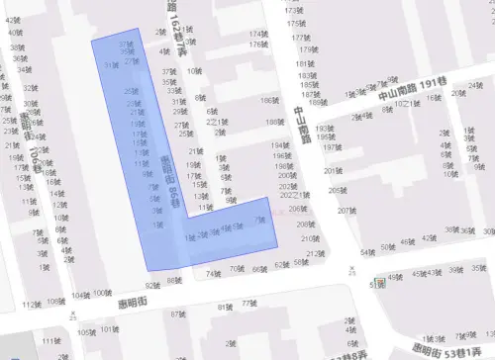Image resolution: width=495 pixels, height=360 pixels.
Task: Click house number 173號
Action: point(292,11)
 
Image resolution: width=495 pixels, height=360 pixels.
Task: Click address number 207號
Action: point(345,211)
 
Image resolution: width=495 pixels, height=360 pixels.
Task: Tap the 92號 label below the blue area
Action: point(148,284)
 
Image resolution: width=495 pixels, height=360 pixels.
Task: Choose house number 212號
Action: point(314,253)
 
